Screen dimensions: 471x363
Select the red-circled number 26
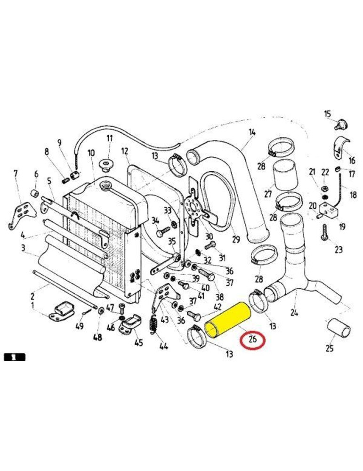coord(253,339)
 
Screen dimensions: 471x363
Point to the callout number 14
coord(252,133)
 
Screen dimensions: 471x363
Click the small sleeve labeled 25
coord(339,328)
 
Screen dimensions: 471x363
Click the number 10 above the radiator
coord(91,153)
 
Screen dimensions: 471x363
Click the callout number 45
coord(138,342)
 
